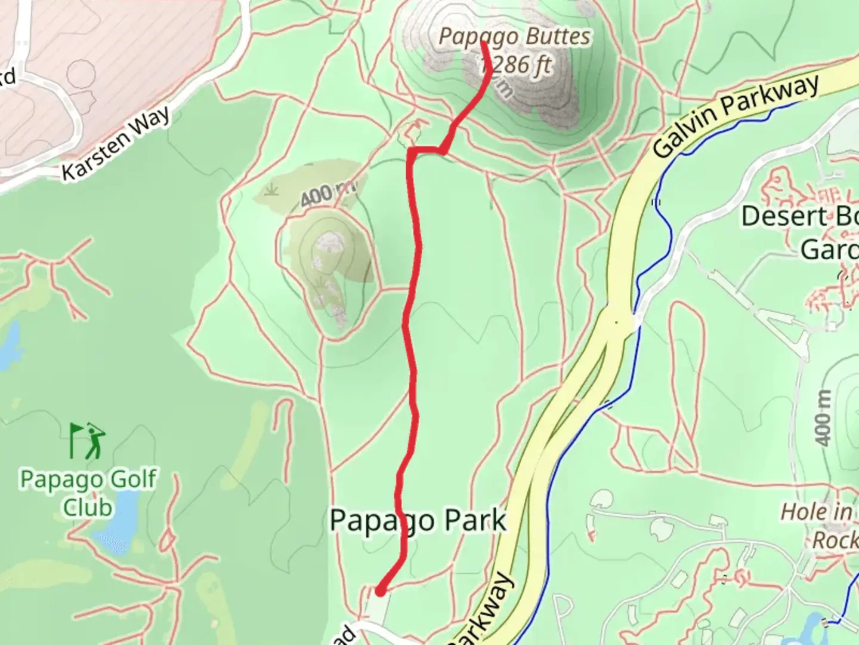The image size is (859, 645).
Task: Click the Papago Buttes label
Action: pyautogui.click(x=514, y=37)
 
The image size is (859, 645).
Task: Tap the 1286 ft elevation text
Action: pyautogui.click(x=517, y=64)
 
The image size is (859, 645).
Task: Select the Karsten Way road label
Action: pyautogui.click(x=116, y=143)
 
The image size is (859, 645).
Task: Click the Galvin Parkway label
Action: pyautogui.click(x=737, y=116)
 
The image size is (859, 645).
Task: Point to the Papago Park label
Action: pyautogui.click(x=418, y=521)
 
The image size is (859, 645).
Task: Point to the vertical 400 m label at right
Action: pyautogui.click(x=824, y=418)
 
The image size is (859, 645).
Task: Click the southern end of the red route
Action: pyautogui.click(x=379, y=591)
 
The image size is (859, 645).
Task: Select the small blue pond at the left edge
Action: pyautogui.click(x=8, y=346)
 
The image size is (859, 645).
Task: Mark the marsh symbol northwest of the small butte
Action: pyautogui.click(x=273, y=191)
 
